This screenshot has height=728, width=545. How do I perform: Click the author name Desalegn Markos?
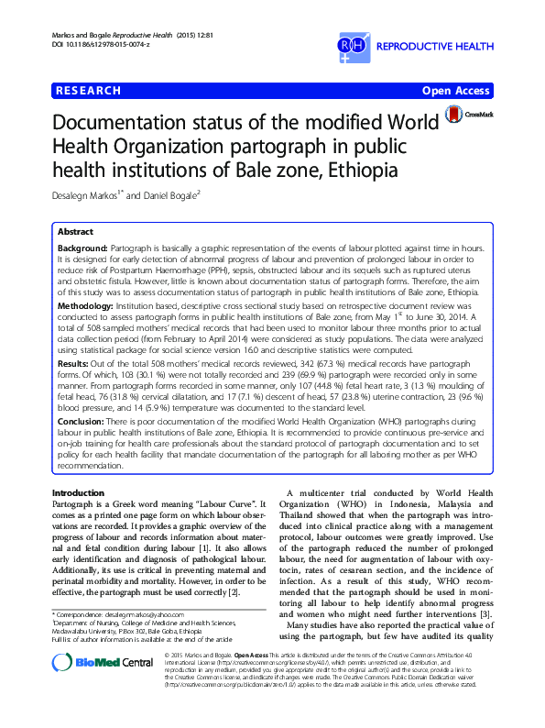89,196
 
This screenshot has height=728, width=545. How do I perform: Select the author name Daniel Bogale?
170,196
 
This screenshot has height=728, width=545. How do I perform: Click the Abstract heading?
77,233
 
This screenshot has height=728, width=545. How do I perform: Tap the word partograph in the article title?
349,147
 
